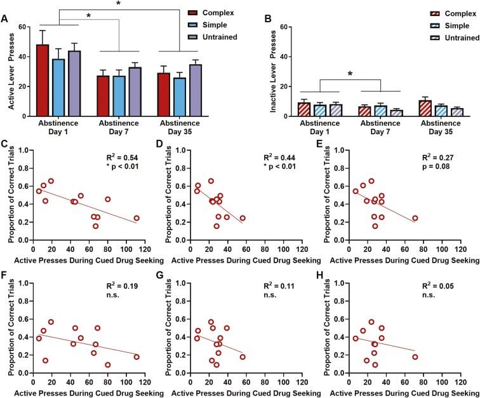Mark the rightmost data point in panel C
pos(137,218)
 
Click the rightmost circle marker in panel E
pos(415,218)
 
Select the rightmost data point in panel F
pos(137,357)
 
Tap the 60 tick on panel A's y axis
pos(24,27)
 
